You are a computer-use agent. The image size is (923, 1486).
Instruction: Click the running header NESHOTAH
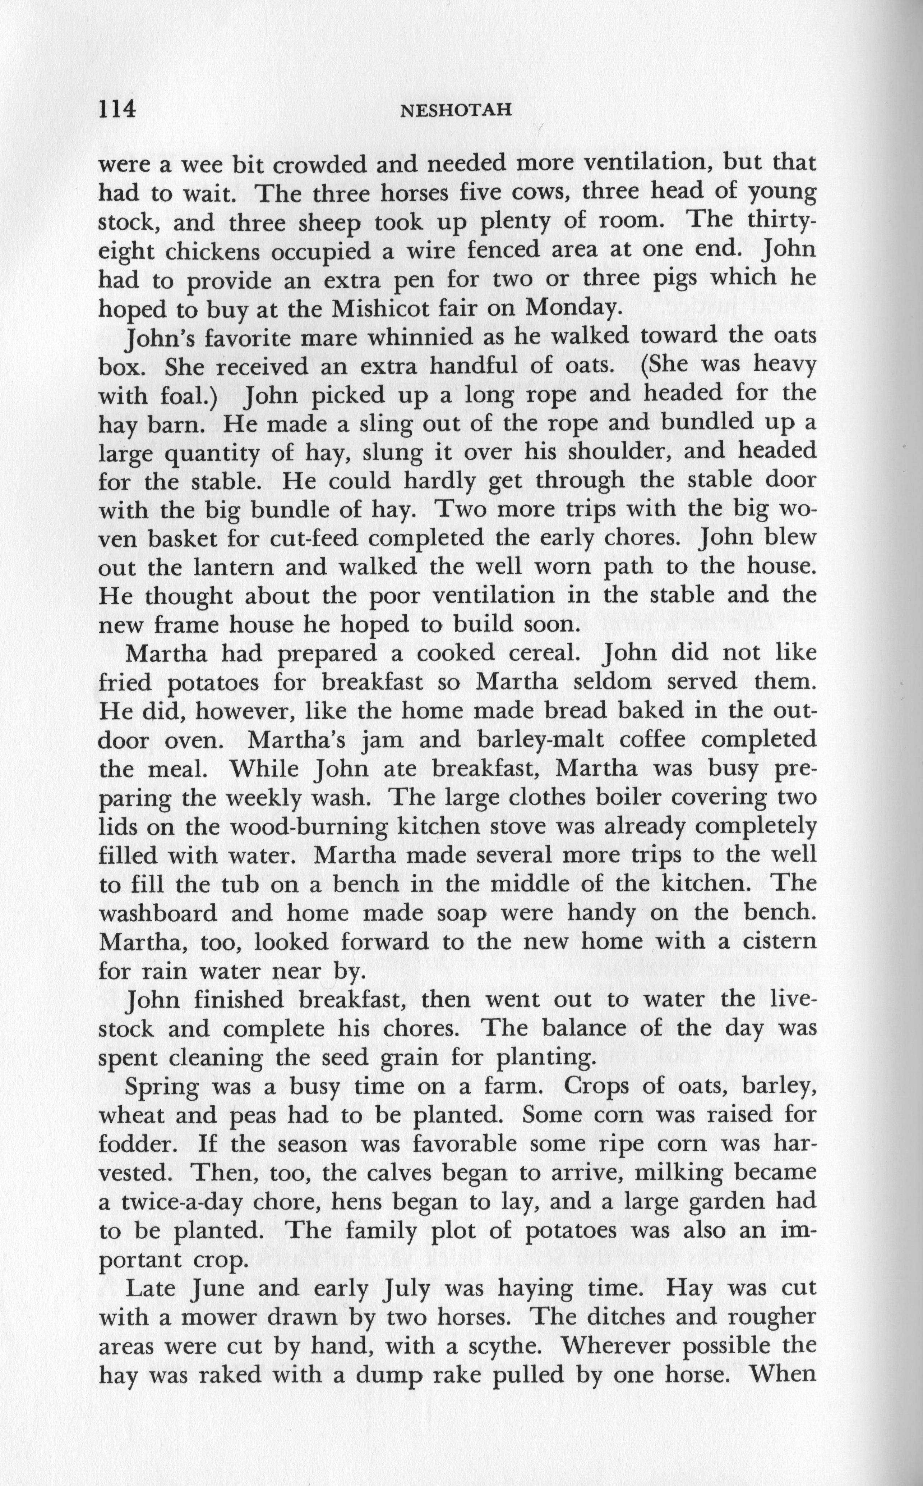pos(454,111)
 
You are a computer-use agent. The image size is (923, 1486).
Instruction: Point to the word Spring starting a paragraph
pos(162,1087)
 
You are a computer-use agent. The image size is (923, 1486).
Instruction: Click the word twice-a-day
pos(161,1201)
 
